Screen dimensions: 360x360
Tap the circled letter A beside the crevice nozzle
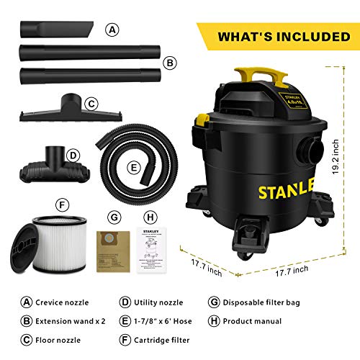[111, 30]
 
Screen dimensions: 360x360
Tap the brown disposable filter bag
[113, 251]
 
